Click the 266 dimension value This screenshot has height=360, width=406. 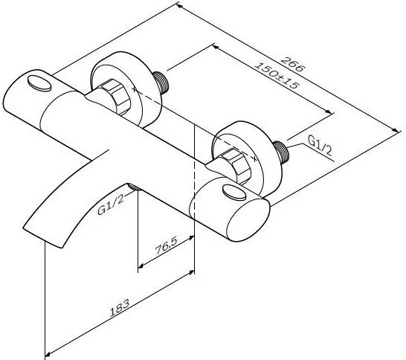(293, 64)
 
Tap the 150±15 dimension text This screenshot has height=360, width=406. (277, 75)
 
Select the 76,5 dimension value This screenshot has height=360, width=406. (166, 245)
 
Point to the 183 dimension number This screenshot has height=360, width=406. (120, 308)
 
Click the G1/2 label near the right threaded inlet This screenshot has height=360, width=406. (320, 146)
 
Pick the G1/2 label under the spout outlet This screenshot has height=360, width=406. (111, 205)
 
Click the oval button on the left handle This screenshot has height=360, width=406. (39, 83)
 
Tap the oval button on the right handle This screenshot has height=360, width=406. (234, 192)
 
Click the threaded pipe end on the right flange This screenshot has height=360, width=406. (282, 152)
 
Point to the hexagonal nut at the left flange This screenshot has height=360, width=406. (115, 97)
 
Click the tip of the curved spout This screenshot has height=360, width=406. (42, 237)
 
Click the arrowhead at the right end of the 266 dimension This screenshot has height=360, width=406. (396, 131)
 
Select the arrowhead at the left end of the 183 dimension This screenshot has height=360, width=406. (48, 354)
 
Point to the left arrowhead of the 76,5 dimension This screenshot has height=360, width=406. (141, 266)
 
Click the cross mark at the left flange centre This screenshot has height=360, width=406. (135, 89)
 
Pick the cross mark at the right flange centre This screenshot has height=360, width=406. (255, 159)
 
